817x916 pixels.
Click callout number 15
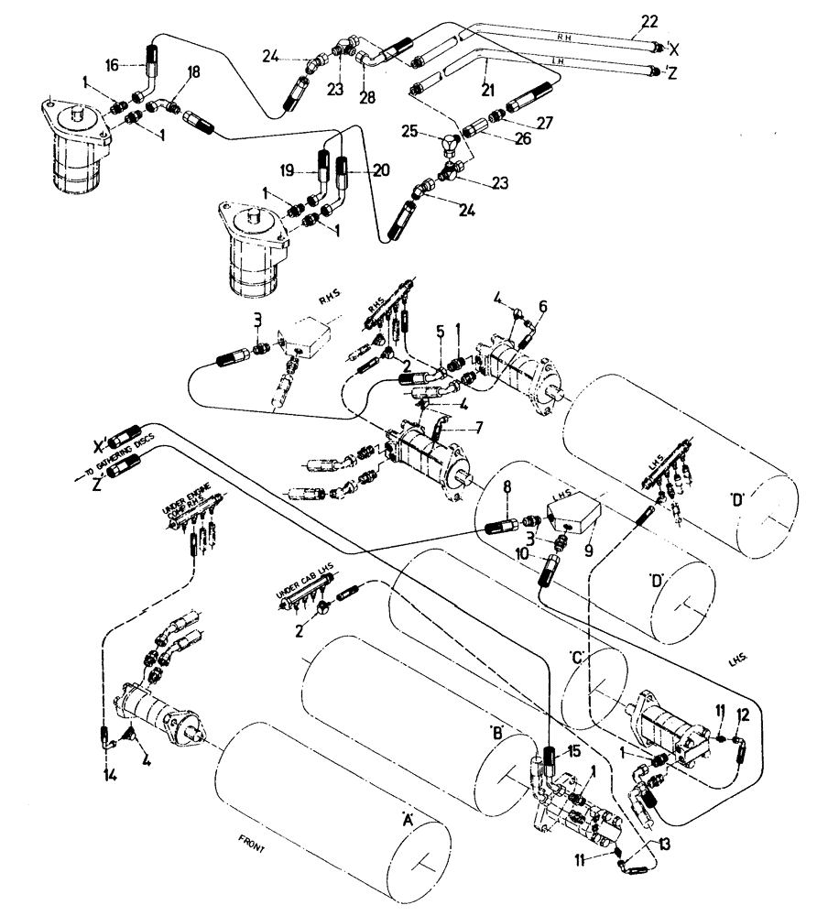pos(574,751)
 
